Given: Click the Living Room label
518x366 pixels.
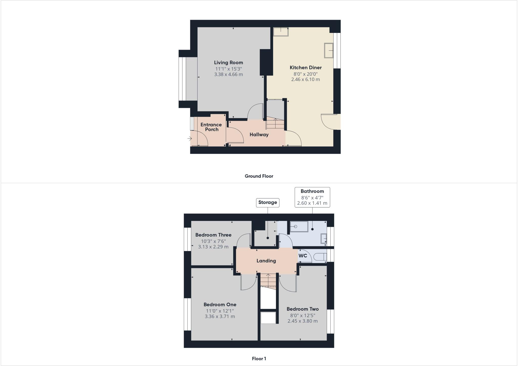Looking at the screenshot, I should pos(228,63).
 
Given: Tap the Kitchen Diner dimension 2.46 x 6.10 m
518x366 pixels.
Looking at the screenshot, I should pos(306,79).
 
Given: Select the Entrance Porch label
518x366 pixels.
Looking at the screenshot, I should pos(211,127).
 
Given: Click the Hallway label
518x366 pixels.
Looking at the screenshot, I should pos(259,135).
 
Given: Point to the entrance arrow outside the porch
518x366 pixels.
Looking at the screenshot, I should pos(189,138).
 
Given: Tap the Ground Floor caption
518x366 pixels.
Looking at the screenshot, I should pos(259,176).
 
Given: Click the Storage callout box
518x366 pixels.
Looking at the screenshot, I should pos(268,202).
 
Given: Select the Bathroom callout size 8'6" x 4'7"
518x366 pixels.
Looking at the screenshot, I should pos(312,197).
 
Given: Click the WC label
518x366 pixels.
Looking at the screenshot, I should pos(303,256).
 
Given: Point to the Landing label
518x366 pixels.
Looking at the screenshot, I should pos(266,261).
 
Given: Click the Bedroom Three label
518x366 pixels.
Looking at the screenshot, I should pos(213,235).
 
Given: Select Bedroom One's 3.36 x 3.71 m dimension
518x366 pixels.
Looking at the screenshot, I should pos(220,316).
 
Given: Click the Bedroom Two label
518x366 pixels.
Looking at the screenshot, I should pos(303,309).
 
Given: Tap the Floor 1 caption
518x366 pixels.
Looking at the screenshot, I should pos(259,359).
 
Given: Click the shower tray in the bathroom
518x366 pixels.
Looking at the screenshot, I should pos(299,227).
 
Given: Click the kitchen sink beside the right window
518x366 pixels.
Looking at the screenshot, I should pos(329,50).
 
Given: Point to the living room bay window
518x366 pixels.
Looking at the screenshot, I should pos(182,79).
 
